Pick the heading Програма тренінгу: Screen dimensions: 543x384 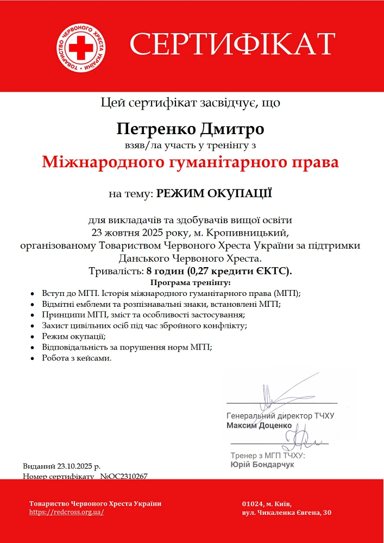191,282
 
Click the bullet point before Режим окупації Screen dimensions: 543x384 34,337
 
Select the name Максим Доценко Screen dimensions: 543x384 259,425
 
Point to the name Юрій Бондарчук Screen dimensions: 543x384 262,465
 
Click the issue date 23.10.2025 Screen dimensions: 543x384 76,466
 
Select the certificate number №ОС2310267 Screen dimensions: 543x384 124,476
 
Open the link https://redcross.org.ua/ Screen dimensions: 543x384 66,512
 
